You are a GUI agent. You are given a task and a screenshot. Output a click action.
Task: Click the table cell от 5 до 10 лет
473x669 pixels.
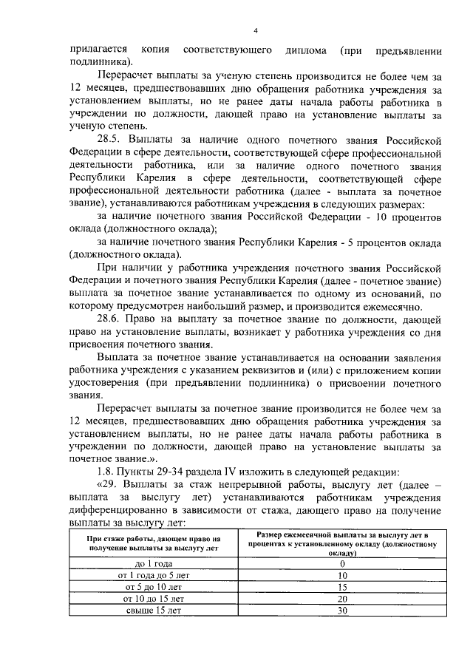point(154,587)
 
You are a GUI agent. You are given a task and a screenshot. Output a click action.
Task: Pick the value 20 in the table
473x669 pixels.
point(342,598)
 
